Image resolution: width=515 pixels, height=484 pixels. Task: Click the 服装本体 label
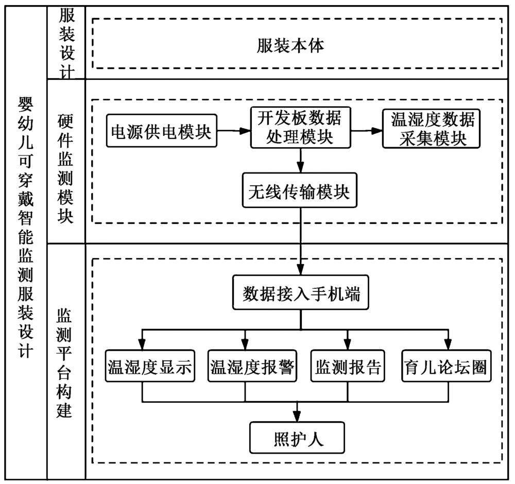tap(291, 47)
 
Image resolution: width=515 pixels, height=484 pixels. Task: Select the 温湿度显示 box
tap(149, 367)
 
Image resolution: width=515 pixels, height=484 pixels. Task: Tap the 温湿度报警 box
tap(252, 367)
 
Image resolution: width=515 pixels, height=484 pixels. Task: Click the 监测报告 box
tap(347, 367)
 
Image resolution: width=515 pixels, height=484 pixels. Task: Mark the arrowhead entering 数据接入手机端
tap(300, 271)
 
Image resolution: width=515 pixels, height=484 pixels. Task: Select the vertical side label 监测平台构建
tap(65, 363)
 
